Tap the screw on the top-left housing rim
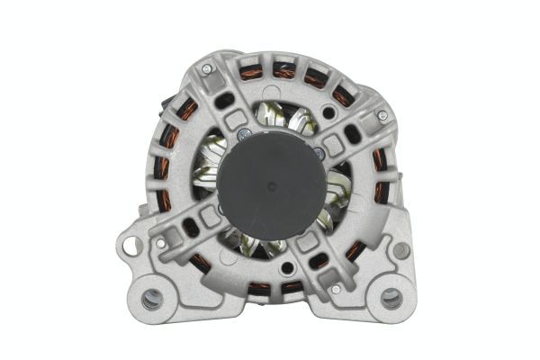(207, 69)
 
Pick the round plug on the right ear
(401, 250)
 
